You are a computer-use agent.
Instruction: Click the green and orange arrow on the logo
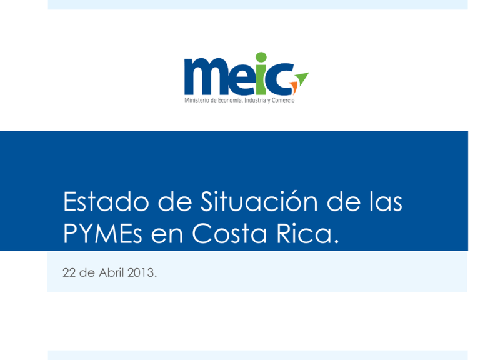click(301, 78)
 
